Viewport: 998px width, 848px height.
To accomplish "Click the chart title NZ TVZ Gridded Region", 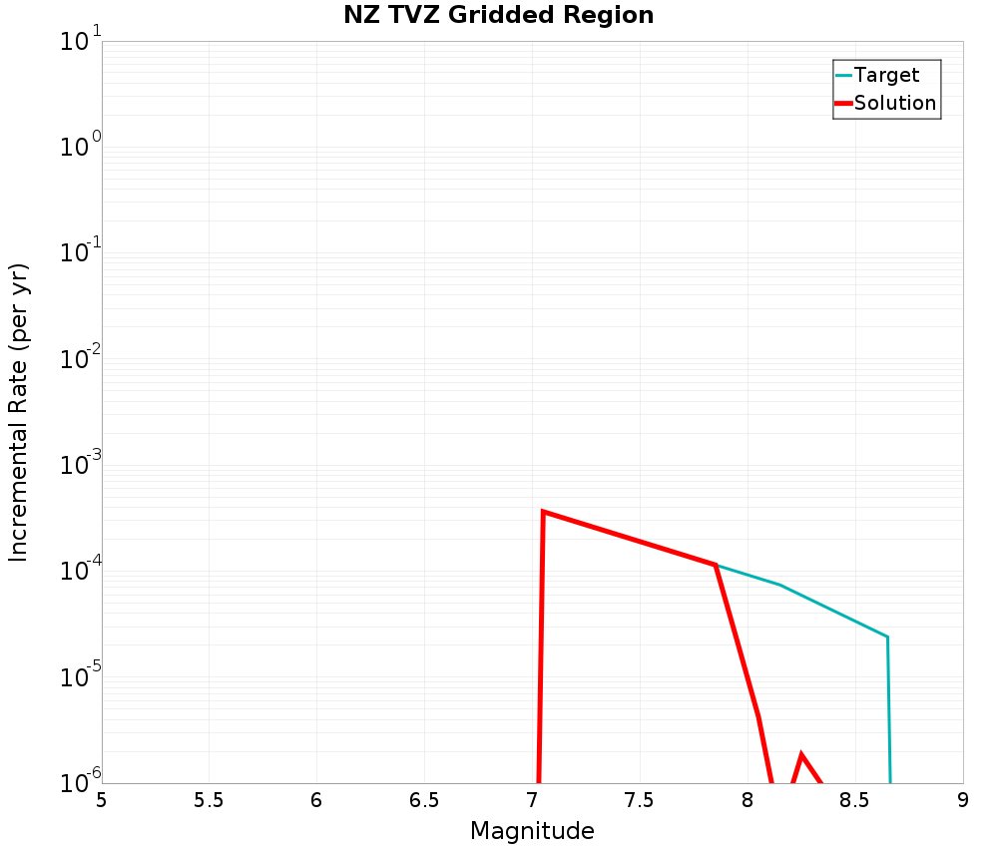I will (x=499, y=15).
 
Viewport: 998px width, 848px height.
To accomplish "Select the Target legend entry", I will (x=886, y=75).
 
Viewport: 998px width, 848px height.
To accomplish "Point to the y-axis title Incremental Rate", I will (x=19, y=412).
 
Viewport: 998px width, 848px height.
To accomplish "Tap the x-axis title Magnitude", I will (x=532, y=831).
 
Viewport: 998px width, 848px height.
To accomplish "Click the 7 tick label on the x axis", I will (x=532, y=800).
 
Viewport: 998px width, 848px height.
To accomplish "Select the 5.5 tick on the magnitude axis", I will (x=209, y=800).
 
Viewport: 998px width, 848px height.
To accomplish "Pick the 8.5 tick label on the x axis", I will (x=855, y=800).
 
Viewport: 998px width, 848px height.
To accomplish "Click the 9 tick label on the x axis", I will (x=963, y=800).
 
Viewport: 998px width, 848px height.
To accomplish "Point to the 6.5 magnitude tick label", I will (x=424, y=800).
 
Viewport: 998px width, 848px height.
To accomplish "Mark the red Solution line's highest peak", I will (x=543, y=512).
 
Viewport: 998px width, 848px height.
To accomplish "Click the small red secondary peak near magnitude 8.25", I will (x=801, y=754).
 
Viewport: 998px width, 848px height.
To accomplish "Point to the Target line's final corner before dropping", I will (x=886, y=636).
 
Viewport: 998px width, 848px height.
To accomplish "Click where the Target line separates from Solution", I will (x=716, y=565).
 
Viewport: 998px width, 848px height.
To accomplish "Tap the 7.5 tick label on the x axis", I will (x=639, y=800).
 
